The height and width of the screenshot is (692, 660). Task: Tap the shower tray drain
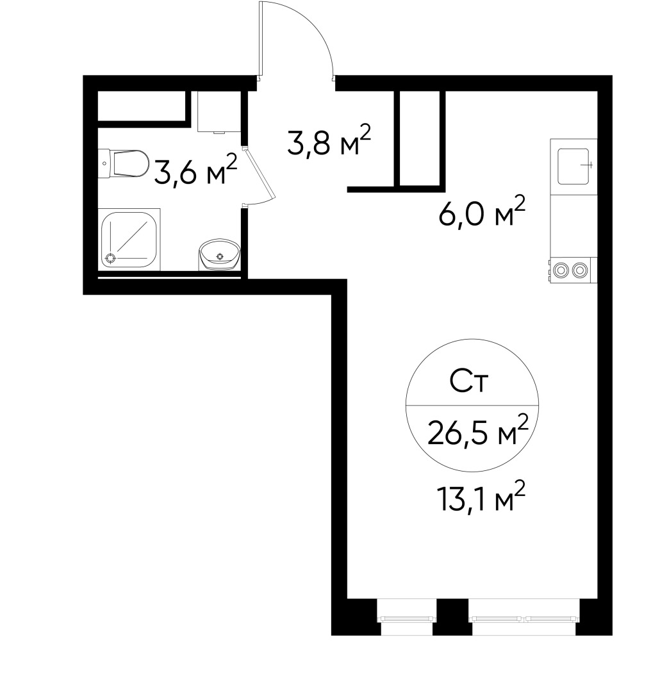(x=110, y=258)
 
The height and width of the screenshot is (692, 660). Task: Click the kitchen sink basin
(x=573, y=165)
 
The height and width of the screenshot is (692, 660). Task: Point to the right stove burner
(x=581, y=270)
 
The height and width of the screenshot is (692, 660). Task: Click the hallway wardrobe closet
(x=420, y=138)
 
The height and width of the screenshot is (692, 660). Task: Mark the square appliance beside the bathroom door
(x=218, y=111)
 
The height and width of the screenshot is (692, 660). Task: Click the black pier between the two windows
(x=452, y=617)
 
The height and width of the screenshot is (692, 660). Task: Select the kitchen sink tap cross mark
(x=590, y=165)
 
